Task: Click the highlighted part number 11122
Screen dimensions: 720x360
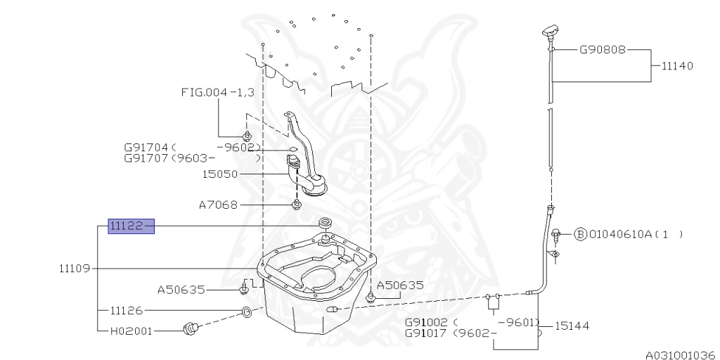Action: (x=131, y=226)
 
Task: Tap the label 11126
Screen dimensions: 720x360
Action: (x=127, y=311)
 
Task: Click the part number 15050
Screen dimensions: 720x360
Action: (x=220, y=174)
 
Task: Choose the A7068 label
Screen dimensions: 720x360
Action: (x=218, y=205)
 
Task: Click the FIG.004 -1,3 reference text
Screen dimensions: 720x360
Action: (x=218, y=93)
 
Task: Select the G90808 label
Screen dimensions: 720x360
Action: (x=602, y=50)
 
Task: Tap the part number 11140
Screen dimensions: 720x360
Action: (x=677, y=65)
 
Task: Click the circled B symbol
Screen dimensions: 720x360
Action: (x=580, y=235)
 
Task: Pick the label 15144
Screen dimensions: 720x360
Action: (x=572, y=326)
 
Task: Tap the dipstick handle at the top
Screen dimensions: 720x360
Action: (x=550, y=32)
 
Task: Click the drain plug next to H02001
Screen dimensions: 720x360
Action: (x=190, y=328)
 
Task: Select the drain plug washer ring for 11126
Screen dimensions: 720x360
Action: (x=246, y=313)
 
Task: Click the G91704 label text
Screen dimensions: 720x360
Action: (x=147, y=148)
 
